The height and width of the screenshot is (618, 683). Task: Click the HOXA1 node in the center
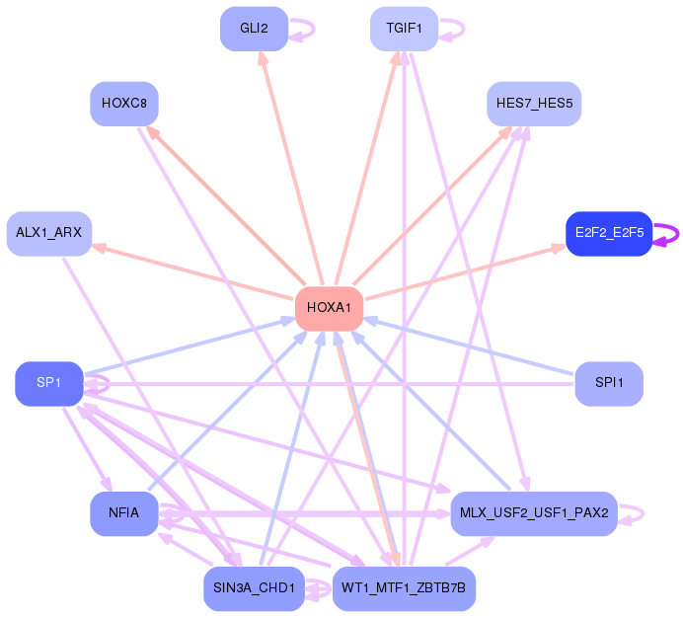click(329, 308)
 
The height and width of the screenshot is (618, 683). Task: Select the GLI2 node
click(254, 29)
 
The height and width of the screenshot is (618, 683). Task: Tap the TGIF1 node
click(405, 29)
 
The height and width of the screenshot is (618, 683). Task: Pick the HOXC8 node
click(124, 104)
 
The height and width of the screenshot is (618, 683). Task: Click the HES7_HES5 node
click(534, 104)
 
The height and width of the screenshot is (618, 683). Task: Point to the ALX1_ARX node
click(49, 234)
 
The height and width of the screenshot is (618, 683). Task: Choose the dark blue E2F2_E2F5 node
click(609, 234)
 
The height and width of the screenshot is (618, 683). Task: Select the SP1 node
click(49, 383)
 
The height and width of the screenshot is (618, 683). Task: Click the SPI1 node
click(609, 383)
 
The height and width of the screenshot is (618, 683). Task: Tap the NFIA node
click(124, 513)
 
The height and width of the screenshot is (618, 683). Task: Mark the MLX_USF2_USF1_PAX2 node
click(534, 513)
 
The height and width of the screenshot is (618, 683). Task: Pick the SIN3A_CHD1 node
click(254, 588)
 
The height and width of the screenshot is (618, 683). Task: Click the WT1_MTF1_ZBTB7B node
click(405, 588)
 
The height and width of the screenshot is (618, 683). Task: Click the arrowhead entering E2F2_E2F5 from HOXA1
click(559, 249)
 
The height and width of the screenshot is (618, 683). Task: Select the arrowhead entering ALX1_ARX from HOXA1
click(100, 249)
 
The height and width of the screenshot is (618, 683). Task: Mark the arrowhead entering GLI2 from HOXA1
click(264, 58)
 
